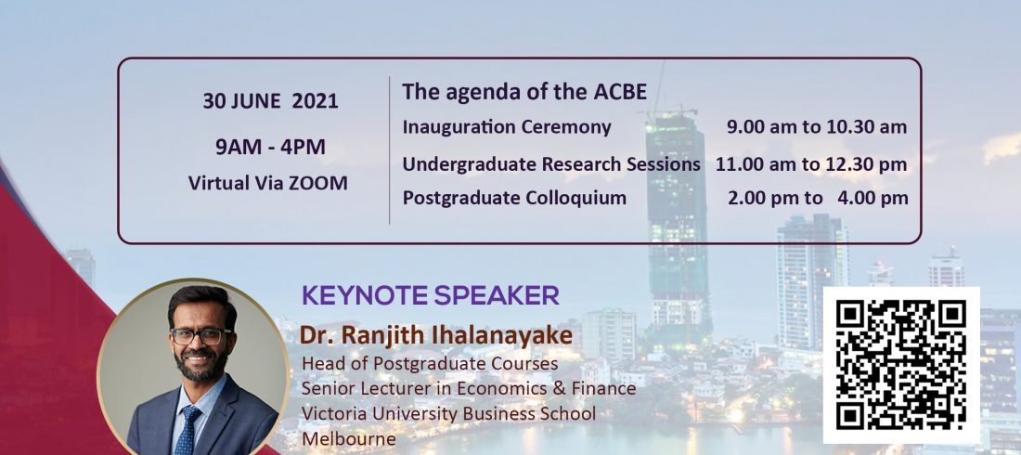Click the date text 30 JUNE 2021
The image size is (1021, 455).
(x=270, y=101)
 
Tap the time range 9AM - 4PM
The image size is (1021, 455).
(x=270, y=148)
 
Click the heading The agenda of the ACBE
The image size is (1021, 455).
(x=524, y=92)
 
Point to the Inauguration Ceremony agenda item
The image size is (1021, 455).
(x=507, y=127)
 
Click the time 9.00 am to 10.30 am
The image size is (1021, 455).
(x=817, y=127)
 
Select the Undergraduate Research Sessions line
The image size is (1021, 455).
(x=550, y=164)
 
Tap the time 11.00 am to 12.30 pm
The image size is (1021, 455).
(x=811, y=165)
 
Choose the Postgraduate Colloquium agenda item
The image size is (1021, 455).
(x=514, y=198)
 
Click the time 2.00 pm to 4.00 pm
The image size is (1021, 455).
(x=818, y=198)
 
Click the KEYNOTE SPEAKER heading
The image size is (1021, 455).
(x=431, y=296)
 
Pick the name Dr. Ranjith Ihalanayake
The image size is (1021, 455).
(x=436, y=335)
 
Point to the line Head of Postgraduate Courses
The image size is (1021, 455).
(x=430, y=362)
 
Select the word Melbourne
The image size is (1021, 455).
(x=348, y=438)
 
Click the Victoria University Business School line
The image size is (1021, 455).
(x=448, y=413)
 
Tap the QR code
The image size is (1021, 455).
(x=901, y=365)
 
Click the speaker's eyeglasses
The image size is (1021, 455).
(x=200, y=336)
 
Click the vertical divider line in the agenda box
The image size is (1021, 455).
(x=390, y=150)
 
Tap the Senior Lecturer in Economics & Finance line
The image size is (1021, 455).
(x=468, y=388)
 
